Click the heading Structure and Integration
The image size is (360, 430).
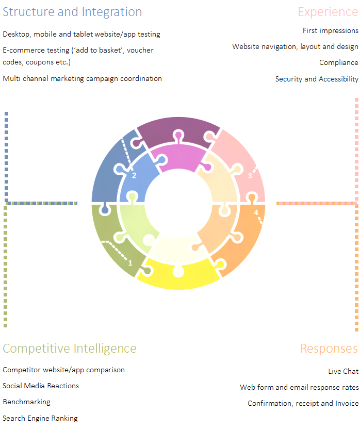coord(72,12)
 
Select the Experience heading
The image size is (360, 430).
coord(328,12)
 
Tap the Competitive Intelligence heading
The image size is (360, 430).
coord(70,349)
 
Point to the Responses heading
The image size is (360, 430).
coord(329,349)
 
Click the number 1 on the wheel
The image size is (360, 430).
coord(130,263)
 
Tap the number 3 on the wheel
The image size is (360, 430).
coord(250,176)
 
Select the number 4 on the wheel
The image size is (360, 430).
coord(256,212)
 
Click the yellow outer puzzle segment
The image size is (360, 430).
coord(178,278)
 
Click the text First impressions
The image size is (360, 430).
coord(330,31)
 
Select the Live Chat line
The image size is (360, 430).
coord(343,371)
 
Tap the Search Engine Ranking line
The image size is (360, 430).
coord(40,418)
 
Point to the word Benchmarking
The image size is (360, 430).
coord(26,402)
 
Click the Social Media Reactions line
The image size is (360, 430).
coord(41,386)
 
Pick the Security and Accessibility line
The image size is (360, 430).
coord(317,79)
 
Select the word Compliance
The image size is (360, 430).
coord(338,63)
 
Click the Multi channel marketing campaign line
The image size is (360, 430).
coord(82,78)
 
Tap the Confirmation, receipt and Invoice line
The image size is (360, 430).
coord(303,403)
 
